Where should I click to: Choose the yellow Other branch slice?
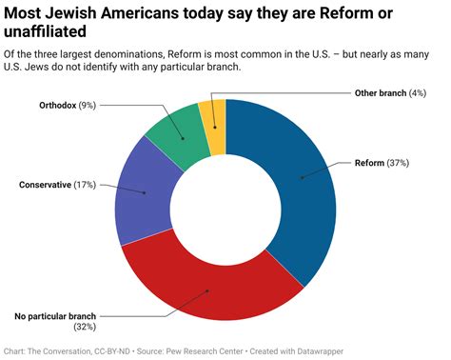214,114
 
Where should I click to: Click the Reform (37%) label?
382,164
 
